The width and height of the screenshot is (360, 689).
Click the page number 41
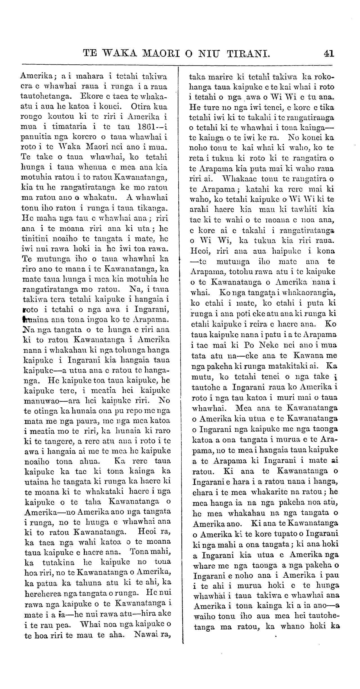[x=329, y=53]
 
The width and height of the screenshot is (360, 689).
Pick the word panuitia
[x=36, y=137]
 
